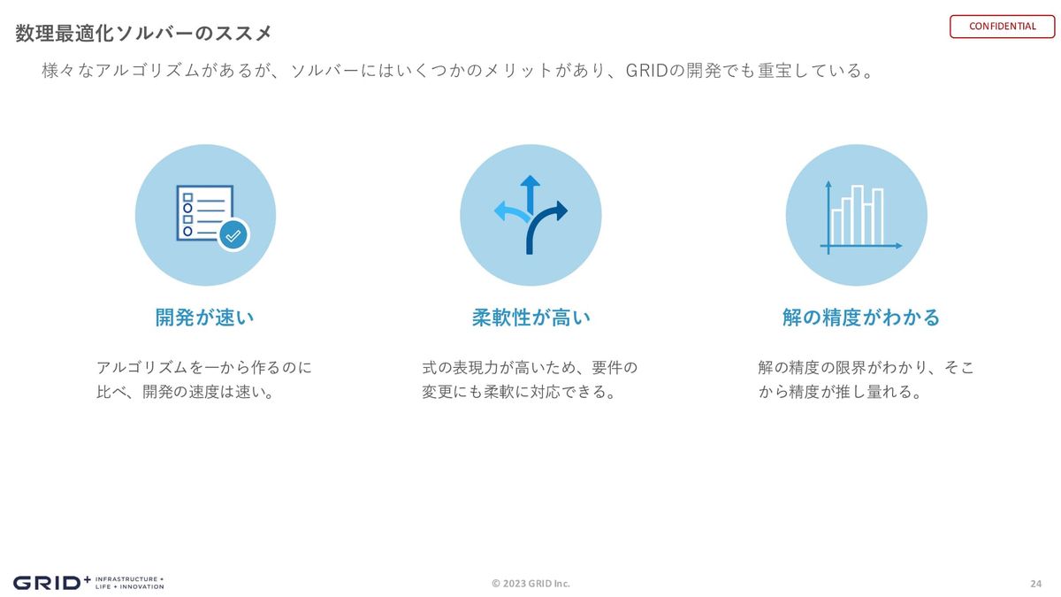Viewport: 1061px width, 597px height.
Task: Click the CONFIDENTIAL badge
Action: coord(1002,27)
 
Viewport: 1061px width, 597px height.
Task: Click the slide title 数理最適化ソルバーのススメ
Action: coord(143,34)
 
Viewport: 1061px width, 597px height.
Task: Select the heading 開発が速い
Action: coord(204,317)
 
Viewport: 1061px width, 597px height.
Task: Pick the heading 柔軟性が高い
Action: coord(531,317)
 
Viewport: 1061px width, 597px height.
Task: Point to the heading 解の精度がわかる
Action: coord(860,317)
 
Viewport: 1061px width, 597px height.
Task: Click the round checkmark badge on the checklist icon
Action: coord(233,235)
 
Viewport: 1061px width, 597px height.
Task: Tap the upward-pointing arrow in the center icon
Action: coord(530,195)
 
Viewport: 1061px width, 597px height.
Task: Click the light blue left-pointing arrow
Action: coord(512,213)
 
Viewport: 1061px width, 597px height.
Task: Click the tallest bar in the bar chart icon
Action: coord(858,215)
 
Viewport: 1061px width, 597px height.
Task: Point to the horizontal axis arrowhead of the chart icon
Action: coord(899,246)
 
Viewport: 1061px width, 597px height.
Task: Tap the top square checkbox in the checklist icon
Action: coord(187,197)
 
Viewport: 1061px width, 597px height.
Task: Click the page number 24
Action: coord(1036,584)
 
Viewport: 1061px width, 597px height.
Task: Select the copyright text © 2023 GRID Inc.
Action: coord(530,583)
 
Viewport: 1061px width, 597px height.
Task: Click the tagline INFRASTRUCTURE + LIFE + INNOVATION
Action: coord(130,583)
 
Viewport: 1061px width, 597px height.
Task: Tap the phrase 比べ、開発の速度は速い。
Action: coord(186,392)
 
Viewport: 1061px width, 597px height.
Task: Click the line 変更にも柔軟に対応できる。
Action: coord(519,392)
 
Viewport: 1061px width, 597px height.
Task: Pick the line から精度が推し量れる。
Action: coord(840,392)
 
